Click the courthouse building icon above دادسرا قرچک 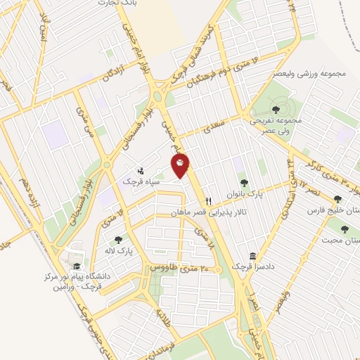252,256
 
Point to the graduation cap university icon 76,266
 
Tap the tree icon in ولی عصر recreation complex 275,110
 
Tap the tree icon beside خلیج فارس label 337,198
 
